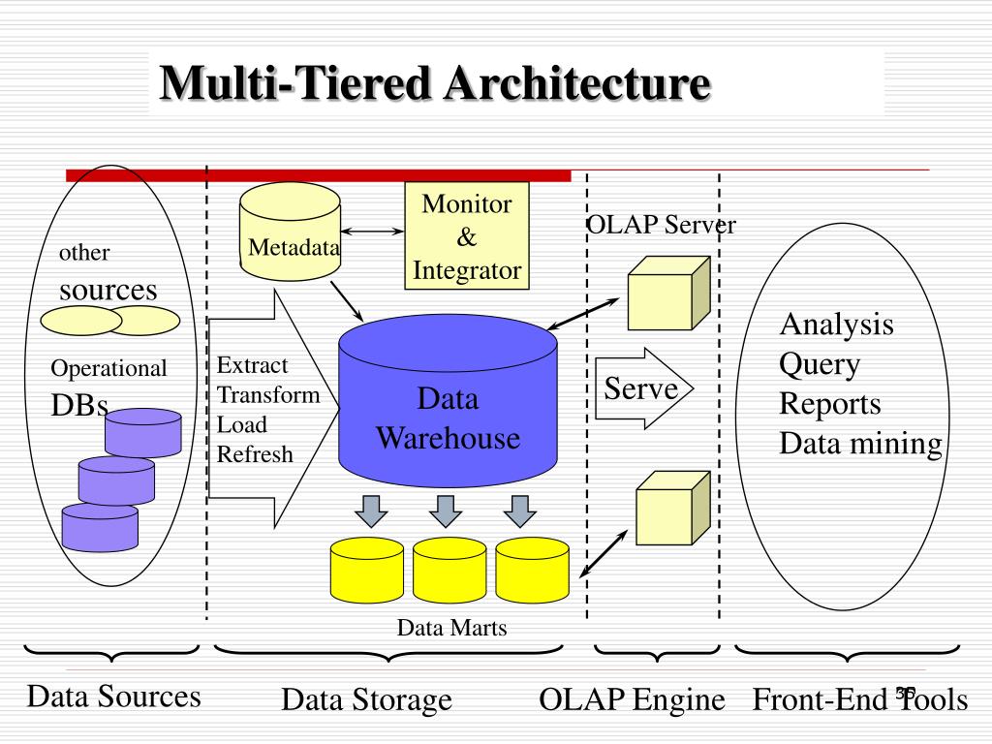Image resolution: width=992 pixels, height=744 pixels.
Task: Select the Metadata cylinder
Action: [291, 232]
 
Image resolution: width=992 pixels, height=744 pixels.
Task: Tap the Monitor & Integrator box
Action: [467, 236]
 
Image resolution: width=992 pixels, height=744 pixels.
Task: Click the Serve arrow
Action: [644, 388]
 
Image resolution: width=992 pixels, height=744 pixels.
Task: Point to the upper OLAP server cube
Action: [668, 293]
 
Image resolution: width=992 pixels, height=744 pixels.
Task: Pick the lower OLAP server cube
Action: [673, 508]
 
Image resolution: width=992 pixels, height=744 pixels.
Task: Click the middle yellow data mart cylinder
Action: [449, 570]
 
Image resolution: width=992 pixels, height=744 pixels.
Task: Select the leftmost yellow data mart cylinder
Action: [367, 570]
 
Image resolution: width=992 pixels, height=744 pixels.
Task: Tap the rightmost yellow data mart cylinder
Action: [533, 570]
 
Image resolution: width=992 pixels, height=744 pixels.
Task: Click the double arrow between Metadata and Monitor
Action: [372, 232]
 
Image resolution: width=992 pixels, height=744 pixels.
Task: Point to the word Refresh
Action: [255, 454]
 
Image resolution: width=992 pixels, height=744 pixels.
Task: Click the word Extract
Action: [253, 365]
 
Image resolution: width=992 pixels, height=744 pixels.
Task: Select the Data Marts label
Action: [451, 628]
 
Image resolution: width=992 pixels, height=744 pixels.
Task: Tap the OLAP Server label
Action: [661, 225]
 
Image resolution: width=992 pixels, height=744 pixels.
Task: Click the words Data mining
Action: [861, 444]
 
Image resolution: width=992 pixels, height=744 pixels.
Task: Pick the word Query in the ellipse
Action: [820, 365]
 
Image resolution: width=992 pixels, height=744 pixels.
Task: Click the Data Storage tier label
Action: [367, 699]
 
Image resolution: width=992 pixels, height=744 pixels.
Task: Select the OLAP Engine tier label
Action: [632, 699]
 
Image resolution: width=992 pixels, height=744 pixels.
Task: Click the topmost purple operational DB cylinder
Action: [143, 433]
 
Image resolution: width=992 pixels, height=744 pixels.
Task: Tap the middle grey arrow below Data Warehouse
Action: [446, 511]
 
